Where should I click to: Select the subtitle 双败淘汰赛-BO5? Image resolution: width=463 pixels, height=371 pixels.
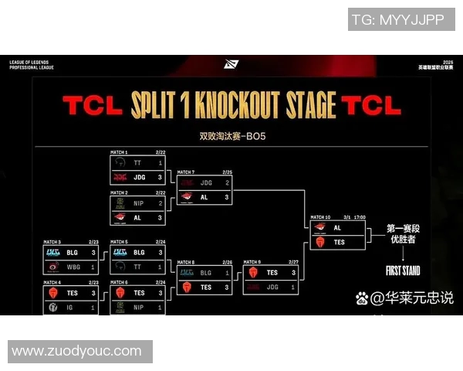click(x=231, y=137)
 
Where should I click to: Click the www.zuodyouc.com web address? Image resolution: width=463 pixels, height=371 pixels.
click(x=77, y=352)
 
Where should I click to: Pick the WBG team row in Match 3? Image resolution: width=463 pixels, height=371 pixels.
click(x=71, y=266)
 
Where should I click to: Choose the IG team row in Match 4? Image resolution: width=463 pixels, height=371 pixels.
click(x=71, y=307)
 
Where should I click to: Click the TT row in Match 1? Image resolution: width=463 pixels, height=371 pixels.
click(x=138, y=163)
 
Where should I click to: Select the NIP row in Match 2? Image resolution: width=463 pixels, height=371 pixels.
click(x=138, y=203)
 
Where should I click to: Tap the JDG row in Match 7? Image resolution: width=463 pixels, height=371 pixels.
click(x=204, y=183)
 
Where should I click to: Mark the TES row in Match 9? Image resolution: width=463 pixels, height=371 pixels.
click(x=271, y=273)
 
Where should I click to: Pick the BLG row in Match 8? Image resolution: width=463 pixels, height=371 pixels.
click(x=204, y=273)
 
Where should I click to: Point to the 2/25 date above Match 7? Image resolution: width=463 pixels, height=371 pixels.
click(x=226, y=172)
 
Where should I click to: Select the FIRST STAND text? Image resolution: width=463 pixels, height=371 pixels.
click(x=401, y=271)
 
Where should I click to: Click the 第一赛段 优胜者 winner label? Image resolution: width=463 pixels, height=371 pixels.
click(x=402, y=235)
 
